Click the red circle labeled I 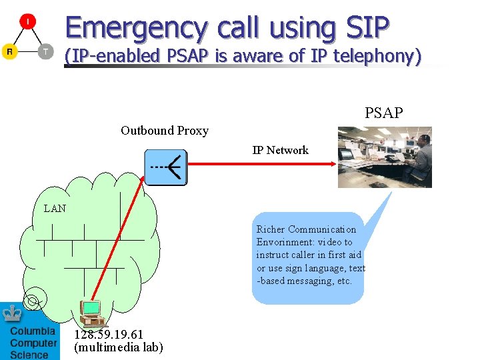[27, 22]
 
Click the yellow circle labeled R [9, 51]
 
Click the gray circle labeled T [45, 51]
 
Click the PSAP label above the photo [383, 113]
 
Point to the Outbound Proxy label [165, 131]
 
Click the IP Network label [280, 150]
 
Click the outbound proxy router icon [166, 167]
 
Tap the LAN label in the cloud [55, 209]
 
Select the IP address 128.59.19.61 [108, 334]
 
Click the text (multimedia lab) [118, 347]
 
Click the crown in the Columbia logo [12, 313]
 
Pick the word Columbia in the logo [33, 331]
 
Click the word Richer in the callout [270, 229]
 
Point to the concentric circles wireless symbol [32, 302]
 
